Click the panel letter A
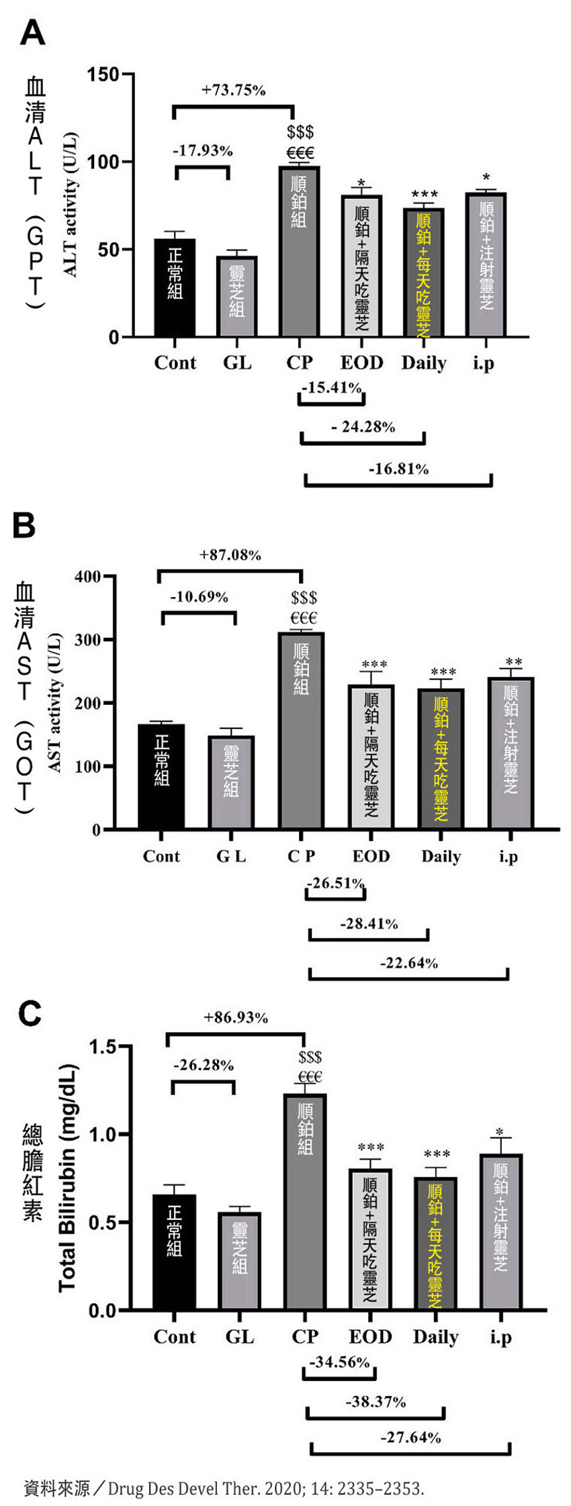(x=32, y=32)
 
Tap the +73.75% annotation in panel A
(x=234, y=90)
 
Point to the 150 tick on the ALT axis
(x=103, y=75)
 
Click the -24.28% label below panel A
(x=363, y=427)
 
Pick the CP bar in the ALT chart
(x=300, y=251)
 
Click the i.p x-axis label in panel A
(x=483, y=363)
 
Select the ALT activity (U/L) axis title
(x=71, y=205)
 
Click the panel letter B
(x=25, y=526)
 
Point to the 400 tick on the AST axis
(x=87, y=576)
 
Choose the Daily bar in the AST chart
(x=441, y=759)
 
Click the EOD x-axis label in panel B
(x=371, y=857)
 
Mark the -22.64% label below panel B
(x=409, y=963)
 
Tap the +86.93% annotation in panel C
(x=236, y=1018)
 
